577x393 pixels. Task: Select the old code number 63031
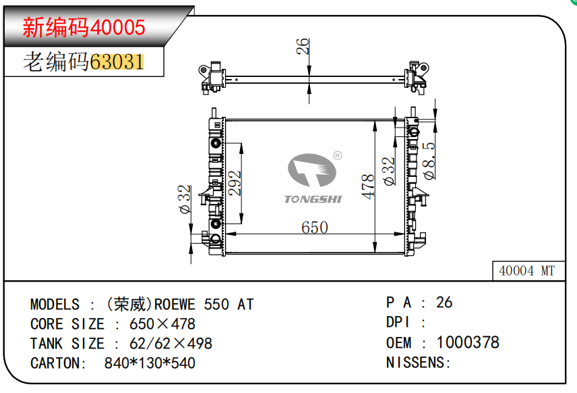coord(116,62)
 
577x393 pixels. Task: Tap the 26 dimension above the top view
coord(303,46)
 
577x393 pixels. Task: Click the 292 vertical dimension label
coord(235,183)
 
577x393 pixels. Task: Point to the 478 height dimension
coord(368,186)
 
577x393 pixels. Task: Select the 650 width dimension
coord(314,228)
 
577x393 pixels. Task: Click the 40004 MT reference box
coord(526,271)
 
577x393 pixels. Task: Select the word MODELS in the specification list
coord(55,305)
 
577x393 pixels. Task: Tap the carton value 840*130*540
coord(150,363)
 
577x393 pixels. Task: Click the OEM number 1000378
coord(468,342)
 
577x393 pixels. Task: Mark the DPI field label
coord(398,323)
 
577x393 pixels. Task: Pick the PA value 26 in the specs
coord(444,303)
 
